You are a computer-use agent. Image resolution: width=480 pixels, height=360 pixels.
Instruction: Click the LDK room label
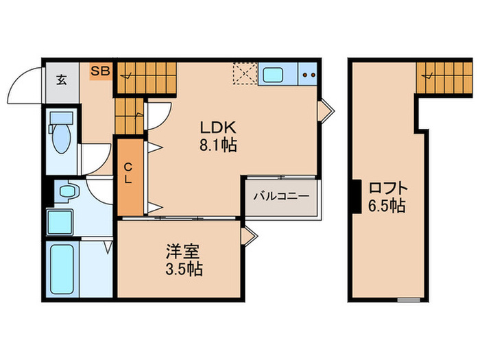218,128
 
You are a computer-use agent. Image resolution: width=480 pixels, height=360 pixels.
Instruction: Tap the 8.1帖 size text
218,145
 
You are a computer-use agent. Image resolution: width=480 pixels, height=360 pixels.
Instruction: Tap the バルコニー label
281,196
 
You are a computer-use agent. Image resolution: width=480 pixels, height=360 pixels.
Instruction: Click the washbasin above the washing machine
67,191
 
